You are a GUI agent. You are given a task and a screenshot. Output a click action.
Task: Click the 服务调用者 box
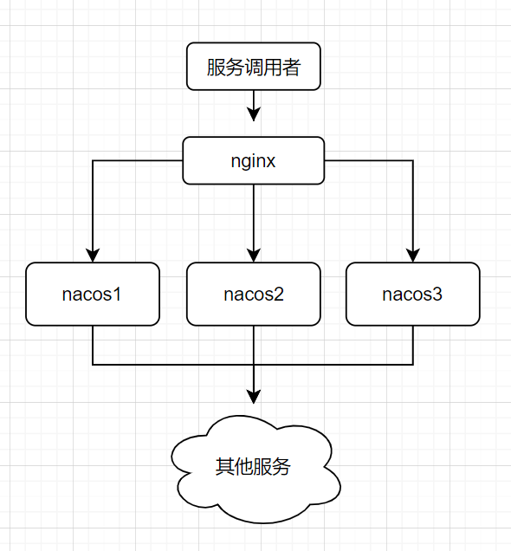coord(254,68)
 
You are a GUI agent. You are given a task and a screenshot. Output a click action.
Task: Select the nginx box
coord(254,160)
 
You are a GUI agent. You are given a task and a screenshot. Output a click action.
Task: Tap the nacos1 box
coord(93,294)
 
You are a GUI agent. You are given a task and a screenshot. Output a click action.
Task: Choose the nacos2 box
coord(254,294)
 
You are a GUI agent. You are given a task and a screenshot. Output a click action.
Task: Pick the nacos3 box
coord(412,294)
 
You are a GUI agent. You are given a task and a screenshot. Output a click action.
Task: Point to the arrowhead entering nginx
coord(254,114)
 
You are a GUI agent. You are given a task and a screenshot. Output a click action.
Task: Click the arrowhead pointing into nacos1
coord(93,254)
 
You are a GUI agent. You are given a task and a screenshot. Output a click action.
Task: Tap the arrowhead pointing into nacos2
coord(254,254)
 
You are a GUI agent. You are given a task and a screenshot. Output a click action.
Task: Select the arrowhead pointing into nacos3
coord(413,254)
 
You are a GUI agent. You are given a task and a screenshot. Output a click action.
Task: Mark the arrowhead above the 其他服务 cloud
coord(254,397)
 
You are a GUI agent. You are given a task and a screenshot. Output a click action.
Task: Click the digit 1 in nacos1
coord(116,294)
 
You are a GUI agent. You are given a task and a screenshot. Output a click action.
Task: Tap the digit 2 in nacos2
coord(279,294)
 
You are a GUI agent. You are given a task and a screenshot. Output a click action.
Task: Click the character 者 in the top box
coord(291,68)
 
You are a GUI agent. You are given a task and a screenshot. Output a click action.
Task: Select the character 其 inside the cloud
coord(224,467)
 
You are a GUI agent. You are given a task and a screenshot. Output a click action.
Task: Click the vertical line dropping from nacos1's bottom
coord(93,345)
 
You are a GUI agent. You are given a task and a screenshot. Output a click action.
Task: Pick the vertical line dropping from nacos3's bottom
coord(413,345)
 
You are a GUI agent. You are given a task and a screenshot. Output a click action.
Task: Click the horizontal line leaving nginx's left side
coord(139,160)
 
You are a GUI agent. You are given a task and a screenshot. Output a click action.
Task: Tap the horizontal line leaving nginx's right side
coord(368,160)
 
